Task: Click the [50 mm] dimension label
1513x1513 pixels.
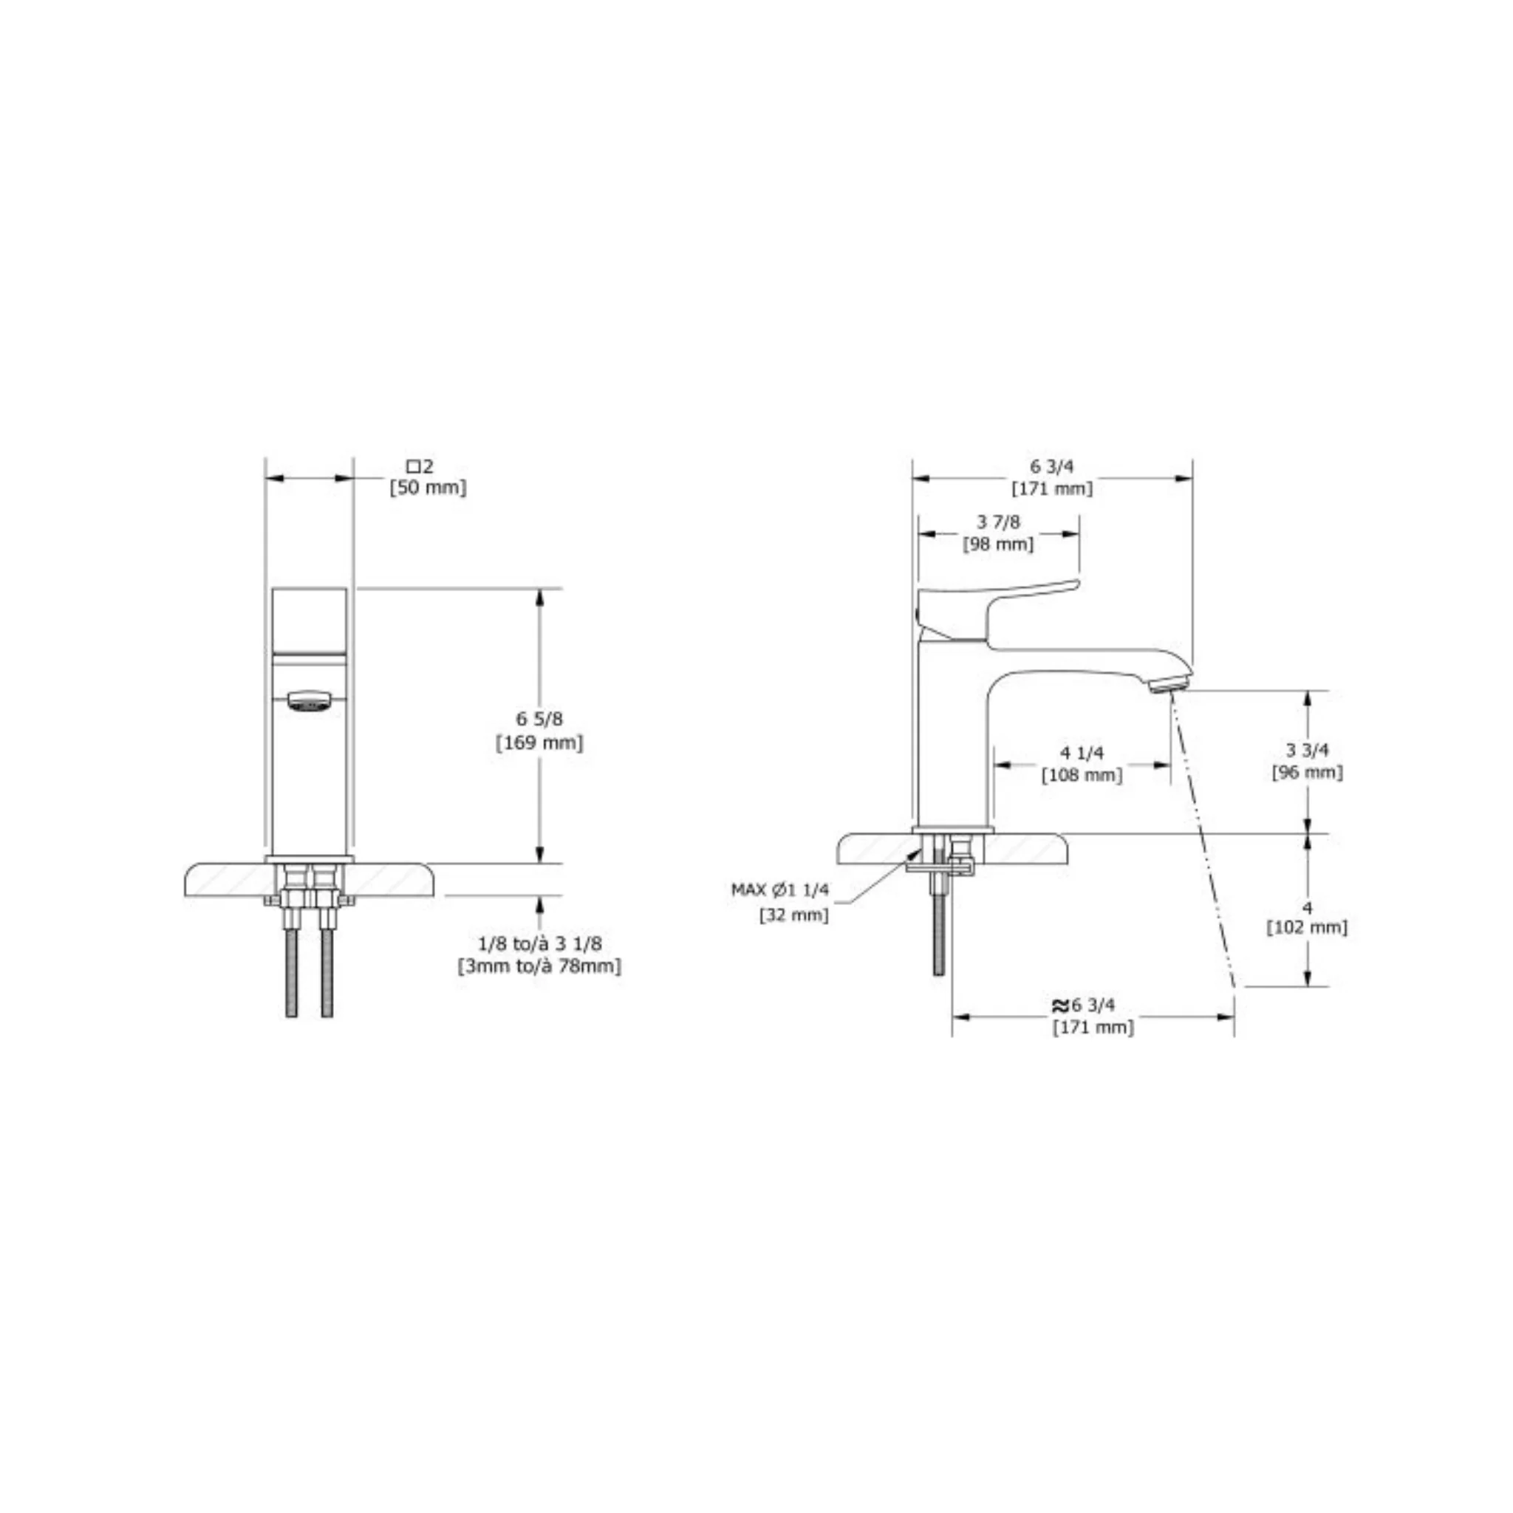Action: pos(428,488)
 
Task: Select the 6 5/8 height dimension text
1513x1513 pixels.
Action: pos(539,719)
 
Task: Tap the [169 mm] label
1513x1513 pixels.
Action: pos(539,742)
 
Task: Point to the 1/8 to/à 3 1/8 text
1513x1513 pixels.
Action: pos(539,943)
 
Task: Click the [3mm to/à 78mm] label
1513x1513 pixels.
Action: pos(539,966)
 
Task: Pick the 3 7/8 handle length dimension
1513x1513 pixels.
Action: pos(999,522)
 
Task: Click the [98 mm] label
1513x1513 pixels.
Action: pos(999,544)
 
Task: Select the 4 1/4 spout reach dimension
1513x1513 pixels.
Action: pos(1082,753)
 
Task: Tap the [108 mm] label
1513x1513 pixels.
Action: pos(1082,775)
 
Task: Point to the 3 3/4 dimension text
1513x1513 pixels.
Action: pos(1308,751)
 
